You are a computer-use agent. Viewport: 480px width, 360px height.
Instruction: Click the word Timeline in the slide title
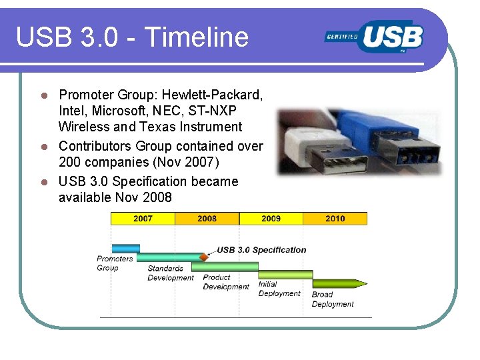point(196,37)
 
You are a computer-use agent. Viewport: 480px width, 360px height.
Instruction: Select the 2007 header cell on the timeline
point(143,219)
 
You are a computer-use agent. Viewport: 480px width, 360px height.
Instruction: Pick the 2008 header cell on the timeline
point(207,219)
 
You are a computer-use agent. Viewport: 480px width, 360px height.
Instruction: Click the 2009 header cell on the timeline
point(271,219)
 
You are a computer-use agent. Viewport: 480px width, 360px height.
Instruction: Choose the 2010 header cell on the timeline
point(335,219)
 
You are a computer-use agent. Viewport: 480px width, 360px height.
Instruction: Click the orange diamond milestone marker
point(204,257)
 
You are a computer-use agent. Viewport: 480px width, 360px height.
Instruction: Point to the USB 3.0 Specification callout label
point(261,250)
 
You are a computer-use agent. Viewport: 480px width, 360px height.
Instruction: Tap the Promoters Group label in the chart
point(115,263)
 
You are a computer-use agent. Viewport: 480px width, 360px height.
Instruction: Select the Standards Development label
point(170,273)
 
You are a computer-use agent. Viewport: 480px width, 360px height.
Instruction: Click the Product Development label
point(225,282)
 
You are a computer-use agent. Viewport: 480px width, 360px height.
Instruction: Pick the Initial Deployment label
point(279,289)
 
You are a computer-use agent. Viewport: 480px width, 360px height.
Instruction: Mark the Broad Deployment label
point(332,299)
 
